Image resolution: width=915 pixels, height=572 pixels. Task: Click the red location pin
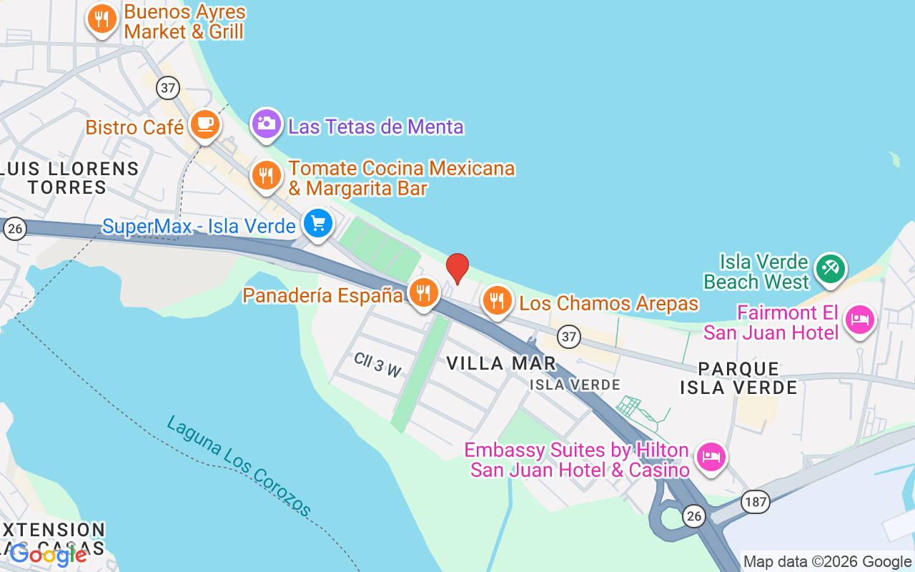pyautogui.click(x=457, y=268)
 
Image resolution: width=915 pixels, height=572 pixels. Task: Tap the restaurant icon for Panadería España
pyautogui.click(x=424, y=292)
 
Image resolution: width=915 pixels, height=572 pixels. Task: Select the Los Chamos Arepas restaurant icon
pyautogui.click(x=498, y=300)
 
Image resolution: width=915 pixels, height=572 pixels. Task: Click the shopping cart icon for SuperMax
pyautogui.click(x=318, y=225)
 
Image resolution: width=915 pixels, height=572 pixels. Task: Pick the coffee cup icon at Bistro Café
pyautogui.click(x=206, y=125)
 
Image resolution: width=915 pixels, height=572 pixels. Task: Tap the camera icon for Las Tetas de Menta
pyautogui.click(x=267, y=124)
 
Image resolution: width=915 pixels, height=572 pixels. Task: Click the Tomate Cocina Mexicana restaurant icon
pyautogui.click(x=267, y=174)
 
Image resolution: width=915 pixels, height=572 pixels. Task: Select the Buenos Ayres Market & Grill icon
pyautogui.click(x=102, y=19)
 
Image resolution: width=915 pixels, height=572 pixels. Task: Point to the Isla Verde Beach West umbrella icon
pyautogui.click(x=830, y=269)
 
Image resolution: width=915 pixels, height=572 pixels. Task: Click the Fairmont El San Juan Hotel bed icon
pyautogui.click(x=860, y=319)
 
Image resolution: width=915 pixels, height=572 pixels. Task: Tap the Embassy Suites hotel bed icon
pyautogui.click(x=711, y=456)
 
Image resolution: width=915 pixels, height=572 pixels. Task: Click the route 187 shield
pyautogui.click(x=755, y=501)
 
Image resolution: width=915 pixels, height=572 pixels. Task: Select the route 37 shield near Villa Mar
pyautogui.click(x=569, y=336)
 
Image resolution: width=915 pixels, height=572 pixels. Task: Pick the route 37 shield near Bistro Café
pyautogui.click(x=169, y=88)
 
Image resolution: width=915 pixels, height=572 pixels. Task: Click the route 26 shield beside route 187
pyautogui.click(x=693, y=516)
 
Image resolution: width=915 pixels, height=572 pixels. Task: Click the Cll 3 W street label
pyautogui.click(x=377, y=365)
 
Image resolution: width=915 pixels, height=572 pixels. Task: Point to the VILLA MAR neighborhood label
pyautogui.click(x=501, y=363)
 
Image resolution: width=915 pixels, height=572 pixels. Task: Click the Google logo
pyautogui.click(x=49, y=554)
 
